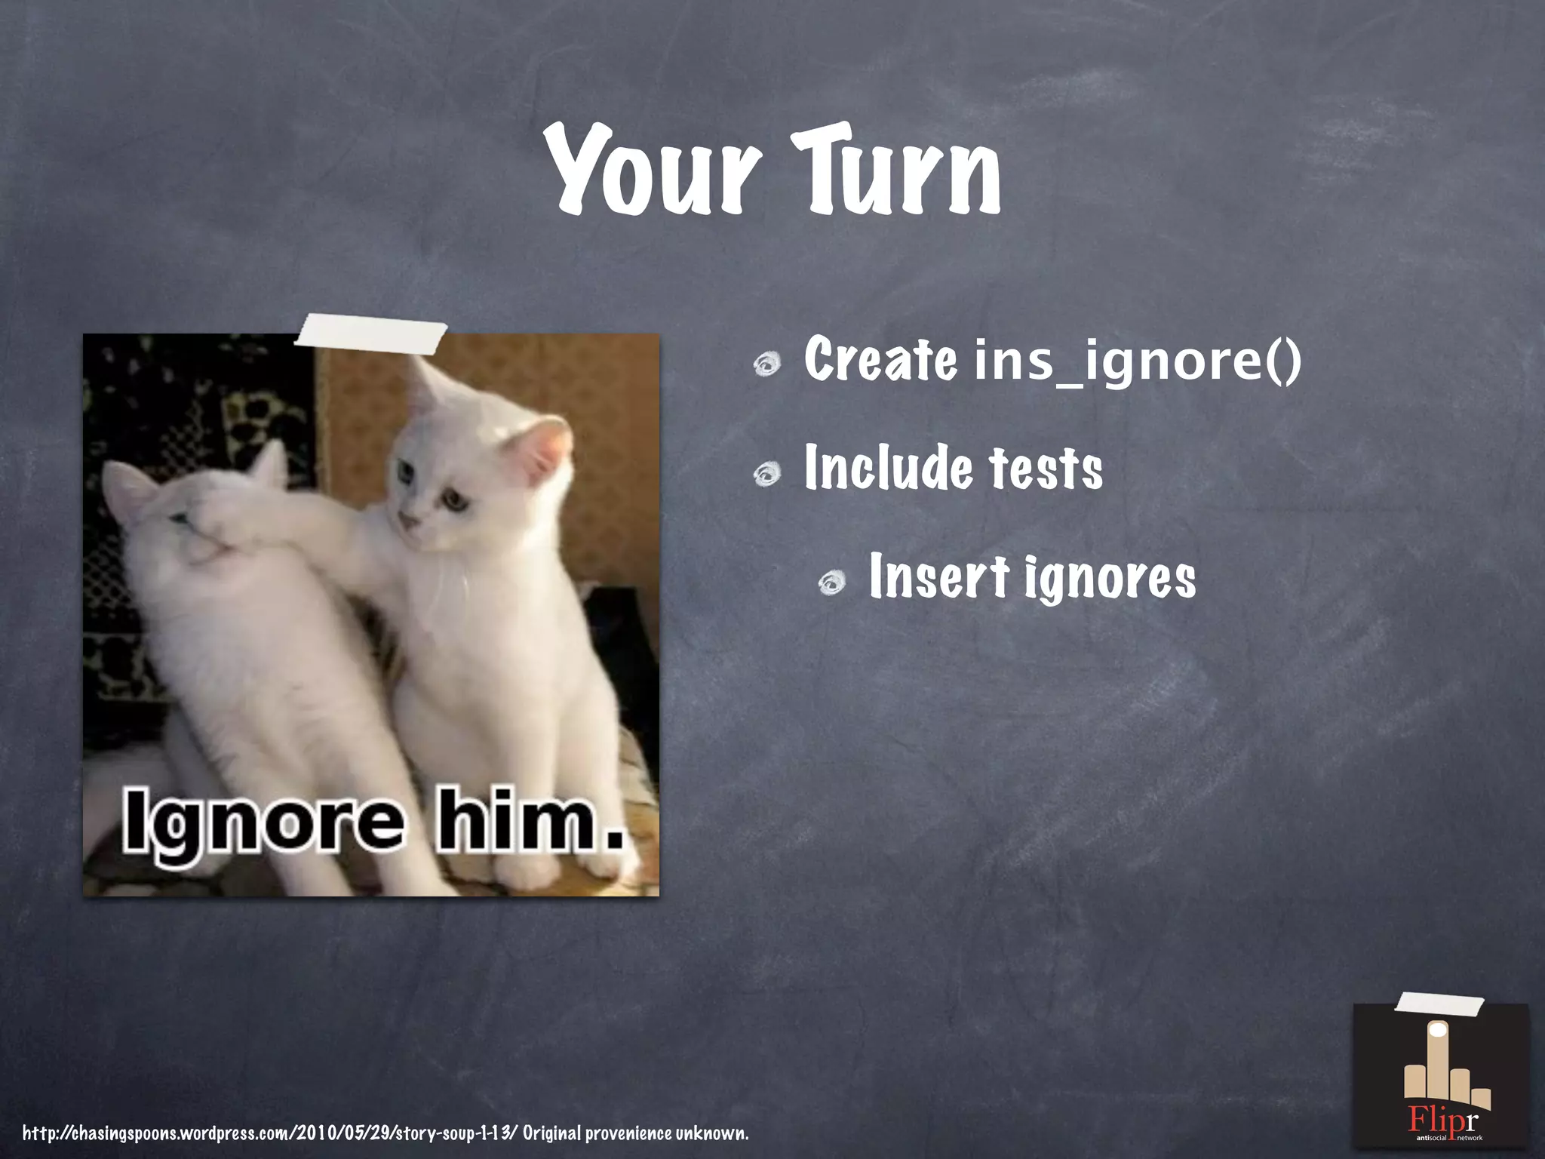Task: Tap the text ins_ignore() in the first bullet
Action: (1138, 361)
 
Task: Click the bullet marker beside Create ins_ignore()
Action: (767, 365)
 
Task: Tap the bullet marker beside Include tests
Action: (767, 474)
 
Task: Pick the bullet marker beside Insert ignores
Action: (833, 583)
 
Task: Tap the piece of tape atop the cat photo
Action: (370, 335)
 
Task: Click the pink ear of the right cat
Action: (545, 453)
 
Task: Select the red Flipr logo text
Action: (1442, 1117)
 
